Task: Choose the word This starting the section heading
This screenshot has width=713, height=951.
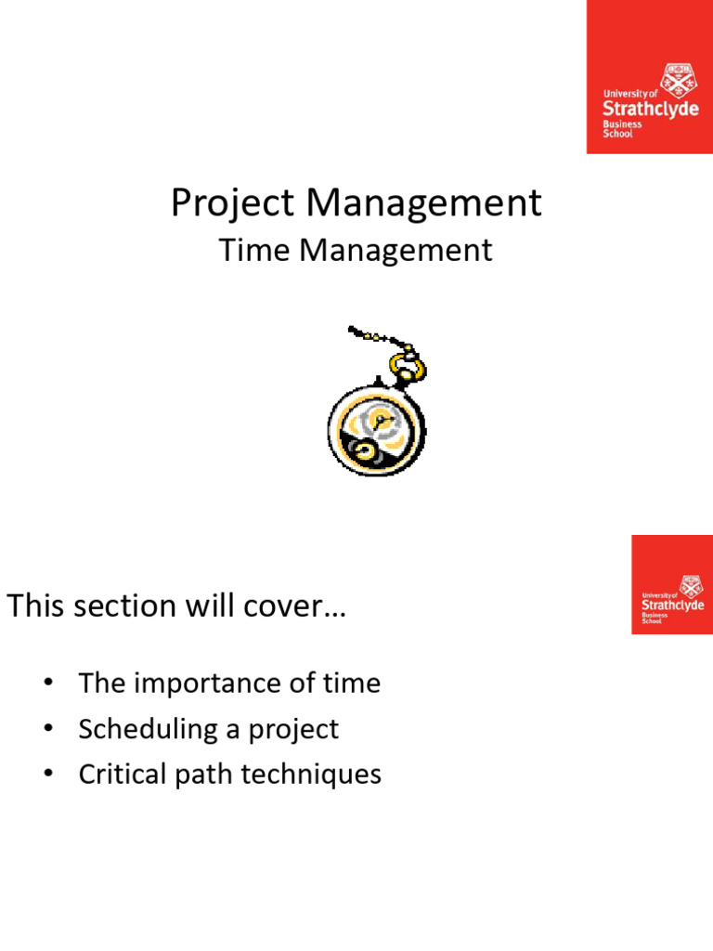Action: pos(38,606)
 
